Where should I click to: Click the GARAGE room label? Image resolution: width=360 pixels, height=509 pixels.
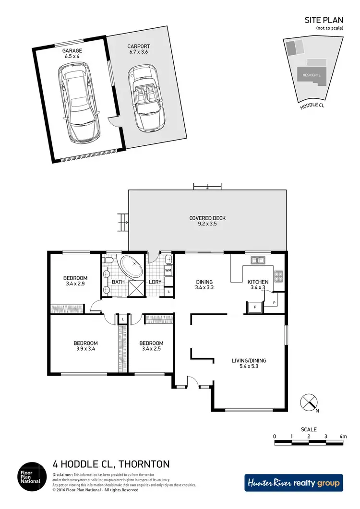click(x=72, y=50)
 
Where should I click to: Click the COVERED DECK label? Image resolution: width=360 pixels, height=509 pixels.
click(x=207, y=218)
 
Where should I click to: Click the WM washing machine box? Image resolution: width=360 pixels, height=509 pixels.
click(x=168, y=271)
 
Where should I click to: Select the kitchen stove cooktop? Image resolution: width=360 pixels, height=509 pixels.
click(x=278, y=276)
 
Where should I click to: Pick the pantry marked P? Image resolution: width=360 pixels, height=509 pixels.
click(x=274, y=302)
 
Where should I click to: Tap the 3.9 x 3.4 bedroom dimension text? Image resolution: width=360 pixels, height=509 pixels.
click(x=85, y=349)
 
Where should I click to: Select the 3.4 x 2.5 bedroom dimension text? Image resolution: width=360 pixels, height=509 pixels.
click(x=151, y=349)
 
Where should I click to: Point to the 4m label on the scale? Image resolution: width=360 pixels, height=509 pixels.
click(x=343, y=437)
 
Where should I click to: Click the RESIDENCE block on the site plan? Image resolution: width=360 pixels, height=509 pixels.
click(x=312, y=75)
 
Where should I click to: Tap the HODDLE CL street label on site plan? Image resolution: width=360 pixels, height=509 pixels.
click(x=312, y=106)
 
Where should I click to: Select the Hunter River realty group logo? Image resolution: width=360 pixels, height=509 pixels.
click(x=294, y=483)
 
